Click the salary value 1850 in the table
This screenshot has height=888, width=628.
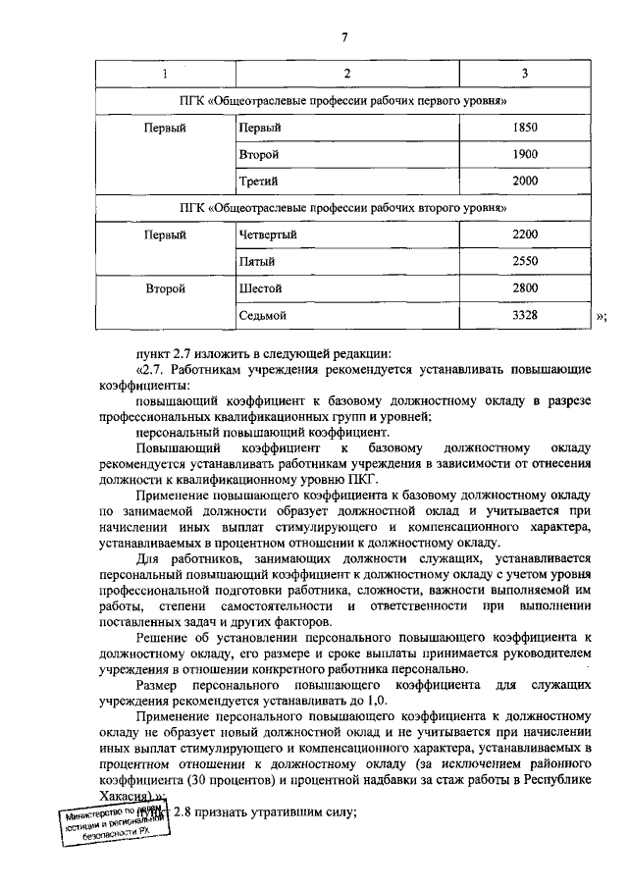tap(526, 129)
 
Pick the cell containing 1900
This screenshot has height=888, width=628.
tap(526, 155)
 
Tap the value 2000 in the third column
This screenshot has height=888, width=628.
tap(526, 182)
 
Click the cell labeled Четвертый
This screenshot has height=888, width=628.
tap(267, 235)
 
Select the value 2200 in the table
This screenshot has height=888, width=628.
tap(526, 235)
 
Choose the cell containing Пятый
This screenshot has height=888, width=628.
tap(256, 262)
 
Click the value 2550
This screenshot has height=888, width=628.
tap(526, 262)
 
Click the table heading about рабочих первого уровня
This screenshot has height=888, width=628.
tap(344, 101)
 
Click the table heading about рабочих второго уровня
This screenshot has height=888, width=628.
tap(344, 208)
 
